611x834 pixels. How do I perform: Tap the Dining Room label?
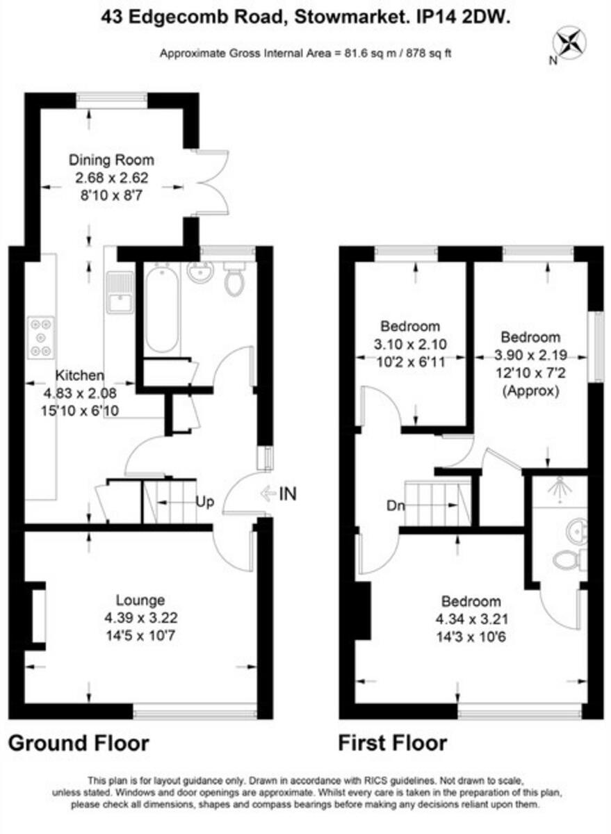(x=111, y=160)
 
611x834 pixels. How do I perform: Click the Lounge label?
(x=140, y=600)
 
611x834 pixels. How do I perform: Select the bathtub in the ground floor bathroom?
(x=162, y=309)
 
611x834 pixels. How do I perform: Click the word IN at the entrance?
(x=287, y=494)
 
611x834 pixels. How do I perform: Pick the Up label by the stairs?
(x=204, y=501)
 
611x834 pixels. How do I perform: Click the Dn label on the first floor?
(x=396, y=505)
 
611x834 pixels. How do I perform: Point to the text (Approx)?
(x=530, y=391)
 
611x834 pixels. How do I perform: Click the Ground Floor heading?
(x=78, y=744)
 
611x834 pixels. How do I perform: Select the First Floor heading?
(x=392, y=744)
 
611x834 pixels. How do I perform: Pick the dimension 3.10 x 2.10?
(x=410, y=343)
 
